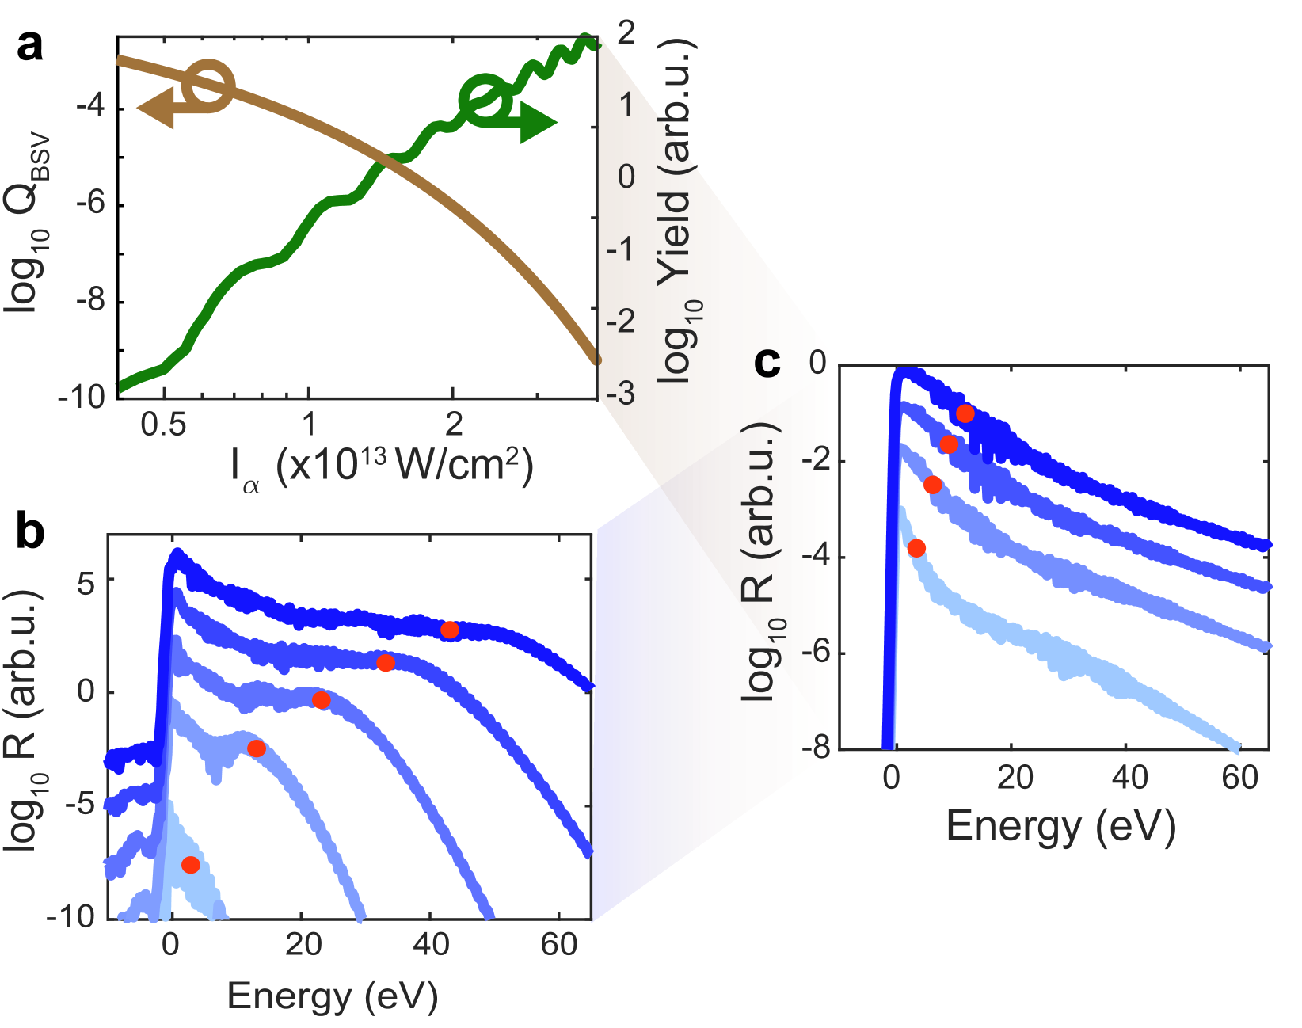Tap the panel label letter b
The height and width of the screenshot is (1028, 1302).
coord(30,532)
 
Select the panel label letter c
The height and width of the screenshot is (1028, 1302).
coord(767,362)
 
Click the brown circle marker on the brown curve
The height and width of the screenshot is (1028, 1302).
coord(208,86)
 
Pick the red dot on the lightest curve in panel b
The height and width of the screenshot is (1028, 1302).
coord(190,865)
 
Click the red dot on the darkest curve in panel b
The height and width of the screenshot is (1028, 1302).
coord(450,630)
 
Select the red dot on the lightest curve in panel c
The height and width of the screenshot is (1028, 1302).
coord(916,548)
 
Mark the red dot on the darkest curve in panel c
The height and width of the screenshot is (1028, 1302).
coord(965,413)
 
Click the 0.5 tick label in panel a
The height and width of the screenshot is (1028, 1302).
coord(163,425)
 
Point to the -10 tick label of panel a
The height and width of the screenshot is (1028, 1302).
coord(81,397)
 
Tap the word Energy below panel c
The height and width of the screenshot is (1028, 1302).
coord(1013,826)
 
